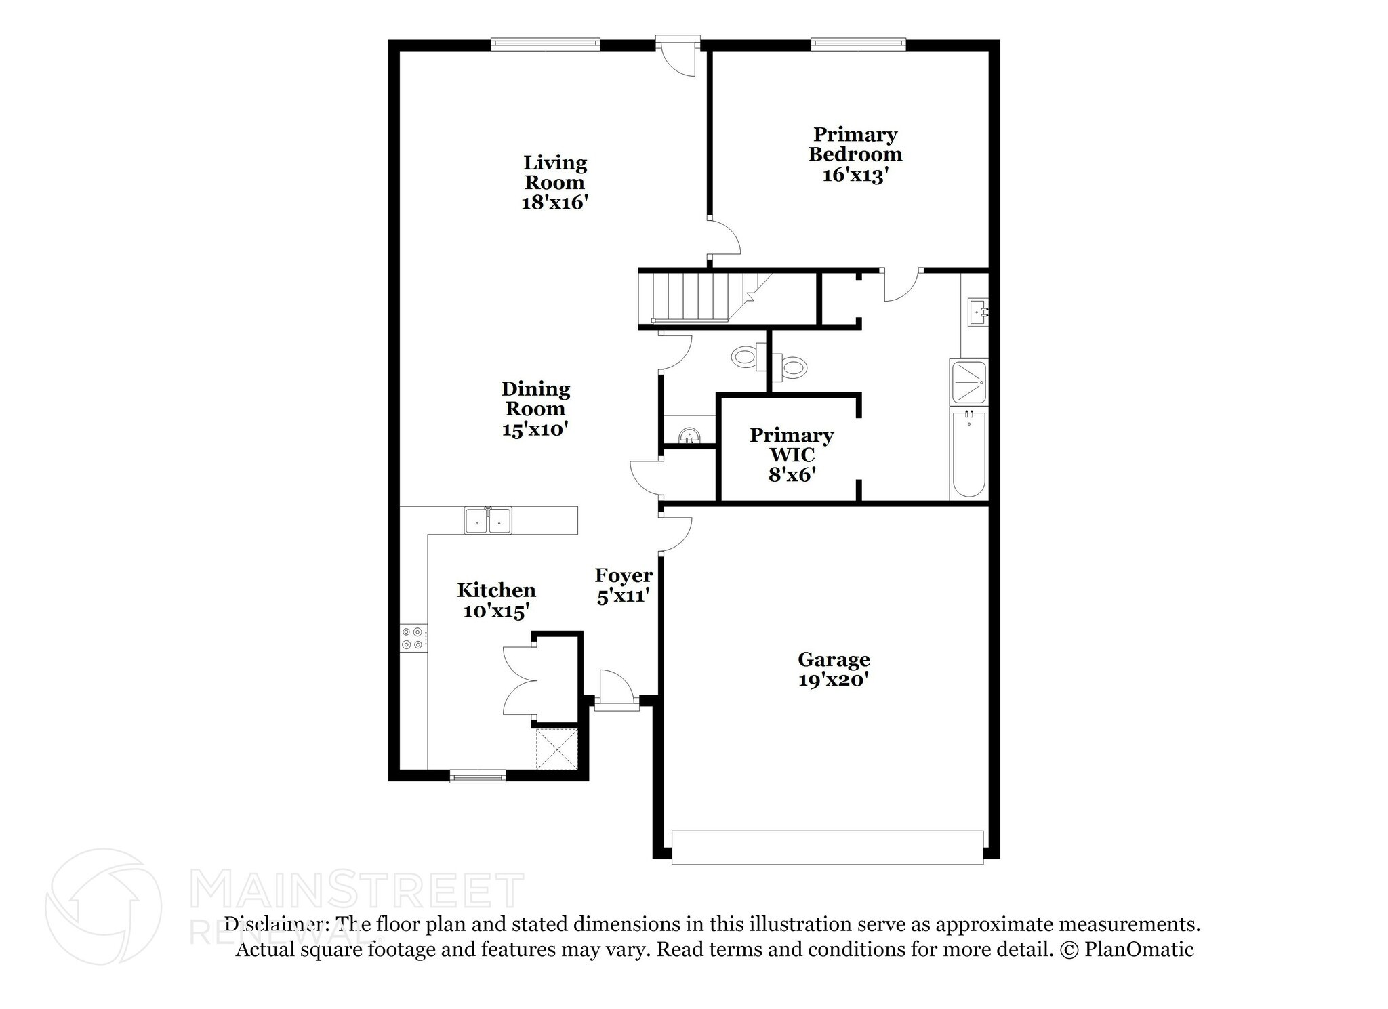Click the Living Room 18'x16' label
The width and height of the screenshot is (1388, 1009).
point(554,182)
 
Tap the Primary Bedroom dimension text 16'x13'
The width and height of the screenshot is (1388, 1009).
point(855,175)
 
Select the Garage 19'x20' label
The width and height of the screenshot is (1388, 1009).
point(834,669)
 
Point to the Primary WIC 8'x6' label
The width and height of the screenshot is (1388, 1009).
point(791,454)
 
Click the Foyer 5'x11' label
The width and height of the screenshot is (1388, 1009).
point(624,585)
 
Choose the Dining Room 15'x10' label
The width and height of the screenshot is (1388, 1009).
point(535,409)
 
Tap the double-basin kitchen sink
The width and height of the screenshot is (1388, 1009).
point(488,520)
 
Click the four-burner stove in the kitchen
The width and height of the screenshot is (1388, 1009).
point(413,638)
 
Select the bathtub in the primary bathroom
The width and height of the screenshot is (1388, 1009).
point(968,454)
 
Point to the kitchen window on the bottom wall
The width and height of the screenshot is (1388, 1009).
point(478,776)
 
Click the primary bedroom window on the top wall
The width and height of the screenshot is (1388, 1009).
point(858,45)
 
